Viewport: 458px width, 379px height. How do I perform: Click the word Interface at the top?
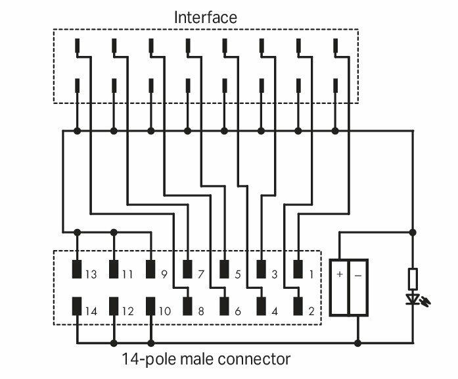point(205,17)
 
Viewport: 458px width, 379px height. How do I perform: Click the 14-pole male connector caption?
point(206,359)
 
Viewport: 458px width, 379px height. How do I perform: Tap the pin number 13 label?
point(91,274)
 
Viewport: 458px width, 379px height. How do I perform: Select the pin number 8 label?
point(200,311)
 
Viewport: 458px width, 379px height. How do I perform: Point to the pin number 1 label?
point(311,274)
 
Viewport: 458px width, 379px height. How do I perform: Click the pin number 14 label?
point(91,311)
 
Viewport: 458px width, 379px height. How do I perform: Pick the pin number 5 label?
point(238,274)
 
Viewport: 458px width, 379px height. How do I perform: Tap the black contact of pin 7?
point(187,269)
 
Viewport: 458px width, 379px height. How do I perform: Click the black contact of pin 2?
point(298,306)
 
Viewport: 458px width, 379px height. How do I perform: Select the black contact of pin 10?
point(150,306)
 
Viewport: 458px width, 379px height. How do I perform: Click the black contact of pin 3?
point(261,269)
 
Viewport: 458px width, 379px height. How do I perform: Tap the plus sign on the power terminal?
point(340,274)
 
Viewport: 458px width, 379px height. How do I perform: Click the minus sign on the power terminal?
point(358,276)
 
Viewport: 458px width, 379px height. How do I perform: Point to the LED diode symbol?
point(413,299)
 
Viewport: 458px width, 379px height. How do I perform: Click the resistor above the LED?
point(413,279)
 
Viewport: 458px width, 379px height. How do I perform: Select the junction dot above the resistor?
point(413,232)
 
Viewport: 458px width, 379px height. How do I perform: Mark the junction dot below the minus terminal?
point(358,343)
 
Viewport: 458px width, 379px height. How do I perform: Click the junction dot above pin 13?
point(77,232)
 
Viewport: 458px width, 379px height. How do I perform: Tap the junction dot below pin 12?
point(114,343)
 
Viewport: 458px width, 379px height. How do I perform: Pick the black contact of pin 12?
point(114,306)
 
